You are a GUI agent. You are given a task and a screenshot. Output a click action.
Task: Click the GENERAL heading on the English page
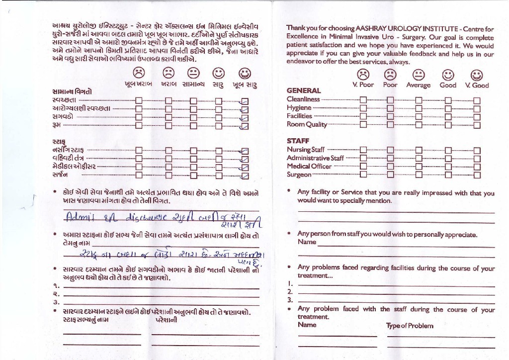304,91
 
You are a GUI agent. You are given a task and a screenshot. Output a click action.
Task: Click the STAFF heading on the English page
298,141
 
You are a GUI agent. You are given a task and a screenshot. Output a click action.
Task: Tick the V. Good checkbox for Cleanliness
477,99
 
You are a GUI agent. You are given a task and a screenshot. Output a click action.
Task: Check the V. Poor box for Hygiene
363,108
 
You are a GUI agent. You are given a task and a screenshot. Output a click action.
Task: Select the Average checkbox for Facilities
419,116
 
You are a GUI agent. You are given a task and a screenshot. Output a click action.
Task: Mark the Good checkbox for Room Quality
448,125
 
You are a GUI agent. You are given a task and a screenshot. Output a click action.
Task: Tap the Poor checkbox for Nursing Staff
391,150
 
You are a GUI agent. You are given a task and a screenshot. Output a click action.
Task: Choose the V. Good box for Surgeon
477,175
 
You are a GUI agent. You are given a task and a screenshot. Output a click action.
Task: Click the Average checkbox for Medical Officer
419,167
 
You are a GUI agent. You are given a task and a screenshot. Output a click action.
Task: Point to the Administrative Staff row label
315,158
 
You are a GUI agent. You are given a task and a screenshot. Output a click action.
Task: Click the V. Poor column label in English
363,85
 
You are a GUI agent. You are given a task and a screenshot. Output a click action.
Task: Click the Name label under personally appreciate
307,242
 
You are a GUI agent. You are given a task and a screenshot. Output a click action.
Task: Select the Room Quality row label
307,125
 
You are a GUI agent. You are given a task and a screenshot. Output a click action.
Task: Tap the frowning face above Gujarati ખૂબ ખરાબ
140,74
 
